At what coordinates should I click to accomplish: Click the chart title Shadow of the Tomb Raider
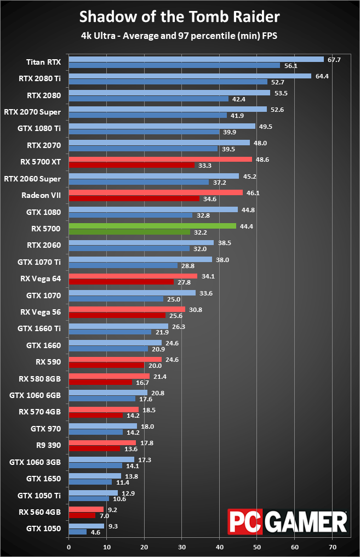click(x=180, y=17)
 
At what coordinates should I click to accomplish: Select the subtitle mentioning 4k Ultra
click(x=180, y=37)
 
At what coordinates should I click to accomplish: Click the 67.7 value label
click(x=333, y=59)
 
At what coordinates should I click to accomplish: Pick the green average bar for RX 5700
click(x=152, y=225)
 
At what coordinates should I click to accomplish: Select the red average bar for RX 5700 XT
click(x=160, y=159)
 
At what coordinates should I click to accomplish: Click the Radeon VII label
click(x=41, y=195)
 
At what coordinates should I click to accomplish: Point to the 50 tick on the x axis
click(x=257, y=547)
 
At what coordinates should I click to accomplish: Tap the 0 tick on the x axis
click(x=68, y=547)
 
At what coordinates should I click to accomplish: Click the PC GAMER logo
click(x=288, y=522)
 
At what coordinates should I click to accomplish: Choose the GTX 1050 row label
click(x=43, y=529)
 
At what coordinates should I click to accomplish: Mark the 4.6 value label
click(x=96, y=532)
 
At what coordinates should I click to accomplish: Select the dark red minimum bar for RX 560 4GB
click(x=82, y=515)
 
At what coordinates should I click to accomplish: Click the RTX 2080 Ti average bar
click(x=190, y=76)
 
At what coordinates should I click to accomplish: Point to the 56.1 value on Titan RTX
click(x=288, y=66)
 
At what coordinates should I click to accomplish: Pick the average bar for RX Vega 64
click(x=133, y=276)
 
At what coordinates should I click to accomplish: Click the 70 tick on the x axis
click(x=332, y=547)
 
